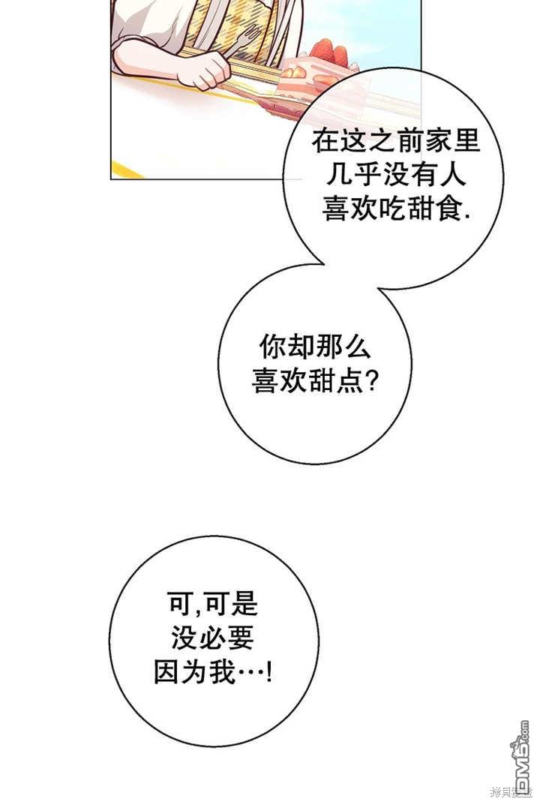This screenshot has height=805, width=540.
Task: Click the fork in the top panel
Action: [x=251, y=38]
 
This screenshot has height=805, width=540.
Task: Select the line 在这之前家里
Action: [x=395, y=142]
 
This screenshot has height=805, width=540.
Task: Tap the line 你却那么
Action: [x=315, y=347]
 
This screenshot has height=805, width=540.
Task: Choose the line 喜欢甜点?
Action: [x=315, y=381]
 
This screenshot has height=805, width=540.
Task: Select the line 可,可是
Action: [x=213, y=603]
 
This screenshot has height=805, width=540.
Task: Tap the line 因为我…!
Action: [x=213, y=671]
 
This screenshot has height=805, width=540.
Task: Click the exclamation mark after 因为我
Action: [x=269, y=671]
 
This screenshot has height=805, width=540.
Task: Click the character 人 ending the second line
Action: [x=452, y=176]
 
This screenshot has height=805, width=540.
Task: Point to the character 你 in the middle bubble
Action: [x=272, y=347]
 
